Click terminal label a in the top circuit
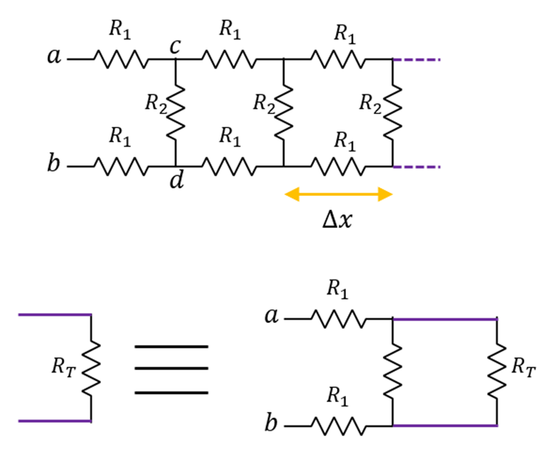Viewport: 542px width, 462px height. (x=54, y=58)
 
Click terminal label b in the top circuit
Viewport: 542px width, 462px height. (x=54, y=164)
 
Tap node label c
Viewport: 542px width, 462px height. (x=175, y=47)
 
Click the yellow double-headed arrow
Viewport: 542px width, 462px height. (x=338, y=195)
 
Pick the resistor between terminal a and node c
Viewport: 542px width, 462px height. (x=119, y=59)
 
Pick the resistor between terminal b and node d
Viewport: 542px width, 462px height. (x=119, y=166)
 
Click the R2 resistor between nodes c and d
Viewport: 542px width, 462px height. (x=176, y=112)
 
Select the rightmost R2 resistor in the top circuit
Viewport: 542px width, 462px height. (x=393, y=112)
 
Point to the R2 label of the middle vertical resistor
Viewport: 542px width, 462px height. (x=264, y=102)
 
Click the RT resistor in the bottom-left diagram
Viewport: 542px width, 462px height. (x=91, y=368)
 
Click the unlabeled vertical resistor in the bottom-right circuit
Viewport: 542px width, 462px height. (x=393, y=372)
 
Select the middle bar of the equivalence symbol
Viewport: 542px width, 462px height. (x=171, y=368)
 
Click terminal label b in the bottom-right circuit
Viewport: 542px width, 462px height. (x=272, y=425)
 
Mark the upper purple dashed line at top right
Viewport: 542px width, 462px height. (x=417, y=60)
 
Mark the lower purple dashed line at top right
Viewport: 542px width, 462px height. (x=417, y=166)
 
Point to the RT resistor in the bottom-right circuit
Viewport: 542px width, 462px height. (x=497, y=372)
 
